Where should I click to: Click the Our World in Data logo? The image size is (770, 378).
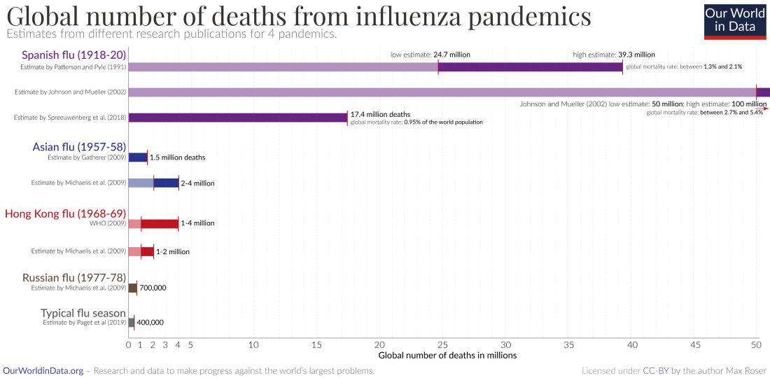click(734, 21)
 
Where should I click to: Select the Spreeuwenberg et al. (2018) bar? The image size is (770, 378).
click(238, 118)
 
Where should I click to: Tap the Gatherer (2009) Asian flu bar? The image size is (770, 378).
click(138, 157)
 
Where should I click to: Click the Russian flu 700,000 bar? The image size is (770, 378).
click(132, 288)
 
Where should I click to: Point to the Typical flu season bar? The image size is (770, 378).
click(131, 323)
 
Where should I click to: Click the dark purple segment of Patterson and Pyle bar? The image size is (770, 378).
click(530, 67)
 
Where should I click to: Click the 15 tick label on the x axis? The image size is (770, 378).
click(316, 344)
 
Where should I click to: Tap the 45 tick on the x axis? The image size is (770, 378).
click(695, 344)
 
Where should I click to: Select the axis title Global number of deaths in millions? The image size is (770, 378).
click(447, 356)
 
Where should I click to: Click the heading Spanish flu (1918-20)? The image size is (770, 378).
click(73, 55)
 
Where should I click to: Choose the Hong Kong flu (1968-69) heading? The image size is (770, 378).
click(65, 213)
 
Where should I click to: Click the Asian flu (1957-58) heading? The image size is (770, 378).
click(79, 147)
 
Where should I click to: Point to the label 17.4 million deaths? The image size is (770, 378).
click(380, 114)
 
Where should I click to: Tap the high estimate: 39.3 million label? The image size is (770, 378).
click(614, 54)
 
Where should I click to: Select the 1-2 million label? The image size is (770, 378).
click(172, 251)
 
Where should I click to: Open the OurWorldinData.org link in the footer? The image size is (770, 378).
click(43, 371)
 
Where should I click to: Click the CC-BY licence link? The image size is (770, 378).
click(656, 371)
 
